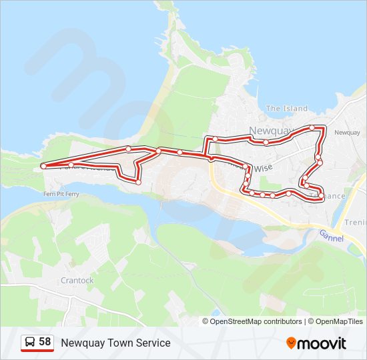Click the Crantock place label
pyautogui.click(x=77, y=281)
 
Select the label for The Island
pyautogui.click(x=286, y=109)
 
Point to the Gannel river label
pyautogui.click(x=331, y=235)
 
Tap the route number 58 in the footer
pyautogui.click(x=45, y=342)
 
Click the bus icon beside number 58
pyautogui.click(x=30, y=343)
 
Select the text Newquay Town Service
pyautogui.click(x=115, y=343)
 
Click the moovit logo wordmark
pyautogui.click(x=322, y=343)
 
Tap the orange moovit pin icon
pyautogui.click(x=291, y=343)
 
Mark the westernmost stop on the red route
pyautogui.click(x=43, y=165)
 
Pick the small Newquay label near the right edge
pyautogui.click(x=346, y=133)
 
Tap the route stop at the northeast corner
pyautogui.click(x=312, y=127)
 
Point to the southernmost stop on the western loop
pyautogui.click(x=138, y=181)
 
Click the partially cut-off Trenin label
pyautogui.click(x=355, y=223)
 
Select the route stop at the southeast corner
pyautogui.click(x=322, y=196)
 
